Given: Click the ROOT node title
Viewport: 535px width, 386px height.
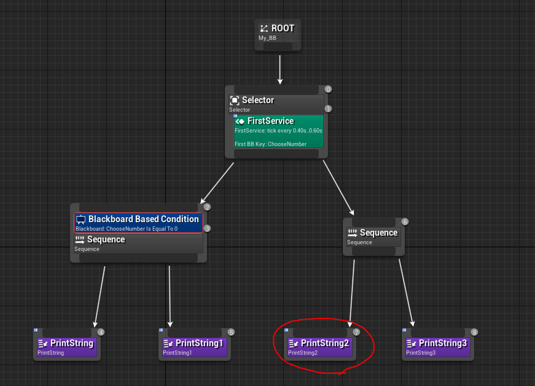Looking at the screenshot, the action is point(283,28).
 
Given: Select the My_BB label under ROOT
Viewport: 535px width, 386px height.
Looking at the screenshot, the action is point(267,38).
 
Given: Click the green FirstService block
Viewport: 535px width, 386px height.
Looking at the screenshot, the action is point(278,131).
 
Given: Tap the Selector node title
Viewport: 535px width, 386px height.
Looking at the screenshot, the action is point(258,100).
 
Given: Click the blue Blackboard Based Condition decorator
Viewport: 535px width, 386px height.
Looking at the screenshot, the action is point(139,223).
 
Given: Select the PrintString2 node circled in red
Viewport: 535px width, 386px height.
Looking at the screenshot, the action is point(319,344).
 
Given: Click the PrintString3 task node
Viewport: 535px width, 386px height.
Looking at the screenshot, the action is point(438,344).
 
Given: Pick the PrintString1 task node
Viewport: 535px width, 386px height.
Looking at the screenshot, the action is point(195,344).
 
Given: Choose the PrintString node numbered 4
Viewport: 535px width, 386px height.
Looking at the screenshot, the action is point(67,344).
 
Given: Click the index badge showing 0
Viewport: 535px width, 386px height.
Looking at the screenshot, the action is point(328,90).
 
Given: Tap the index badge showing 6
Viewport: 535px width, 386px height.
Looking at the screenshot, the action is point(405,222).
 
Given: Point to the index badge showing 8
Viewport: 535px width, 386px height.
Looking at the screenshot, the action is point(474,332).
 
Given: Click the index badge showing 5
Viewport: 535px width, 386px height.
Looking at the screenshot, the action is point(231,332).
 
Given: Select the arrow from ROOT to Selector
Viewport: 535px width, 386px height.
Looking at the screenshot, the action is point(279,70).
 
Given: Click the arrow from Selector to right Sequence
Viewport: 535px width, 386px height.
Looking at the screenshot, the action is point(338,188).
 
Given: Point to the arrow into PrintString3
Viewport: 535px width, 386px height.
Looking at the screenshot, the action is point(407,293).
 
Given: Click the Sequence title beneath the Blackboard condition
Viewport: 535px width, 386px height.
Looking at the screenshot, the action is point(106,240).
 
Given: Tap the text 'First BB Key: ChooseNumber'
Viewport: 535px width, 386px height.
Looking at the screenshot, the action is point(270,144).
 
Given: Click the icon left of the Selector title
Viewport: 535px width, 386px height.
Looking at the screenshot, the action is point(235,100).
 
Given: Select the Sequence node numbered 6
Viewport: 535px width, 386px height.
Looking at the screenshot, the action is point(373,237).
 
